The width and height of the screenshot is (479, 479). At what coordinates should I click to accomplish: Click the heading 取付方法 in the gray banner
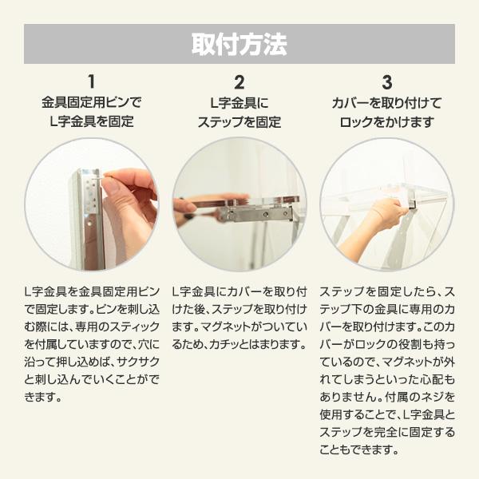pyautogui.click(x=239, y=44)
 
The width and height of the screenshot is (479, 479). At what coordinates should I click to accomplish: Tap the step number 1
pyautogui.click(x=91, y=81)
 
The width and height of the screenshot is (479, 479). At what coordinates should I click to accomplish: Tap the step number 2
pyautogui.click(x=239, y=81)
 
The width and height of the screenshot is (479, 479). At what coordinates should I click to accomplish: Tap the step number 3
pyautogui.click(x=387, y=81)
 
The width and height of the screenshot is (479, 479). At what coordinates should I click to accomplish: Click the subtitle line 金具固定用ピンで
pyautogui.click(x=91, y=103)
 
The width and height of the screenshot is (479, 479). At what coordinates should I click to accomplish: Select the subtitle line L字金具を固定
pyautogui.click(x=91, y=122)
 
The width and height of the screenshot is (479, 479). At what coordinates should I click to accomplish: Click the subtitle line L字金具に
pyautogui.click(x=239, y=103)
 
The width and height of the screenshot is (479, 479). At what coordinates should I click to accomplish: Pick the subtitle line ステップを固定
pyautogui.click(x=239, y=122)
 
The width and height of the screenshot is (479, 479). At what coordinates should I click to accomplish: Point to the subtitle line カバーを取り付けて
pyautogui.click(x=387, y=103)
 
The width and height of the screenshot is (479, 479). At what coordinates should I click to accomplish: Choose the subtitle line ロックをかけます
pyautogui.click(x=387, y=122)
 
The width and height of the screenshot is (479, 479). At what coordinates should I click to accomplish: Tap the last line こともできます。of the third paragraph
pyautogui.click(x=358, y=449)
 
